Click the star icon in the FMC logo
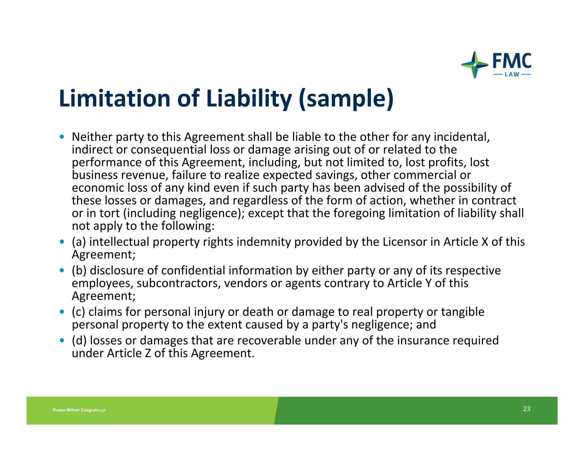coord(474,65)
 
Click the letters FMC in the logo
coord(512,61)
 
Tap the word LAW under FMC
coord(512,75)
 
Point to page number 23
coord(526,409)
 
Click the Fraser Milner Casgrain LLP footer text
coord(79,410)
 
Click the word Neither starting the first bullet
coord(92,137)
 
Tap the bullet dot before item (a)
coord(62,242)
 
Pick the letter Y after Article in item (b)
coord(428,283)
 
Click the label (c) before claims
coord(78,312)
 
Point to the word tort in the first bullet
coord(109,214)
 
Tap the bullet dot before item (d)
coord(62,340)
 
